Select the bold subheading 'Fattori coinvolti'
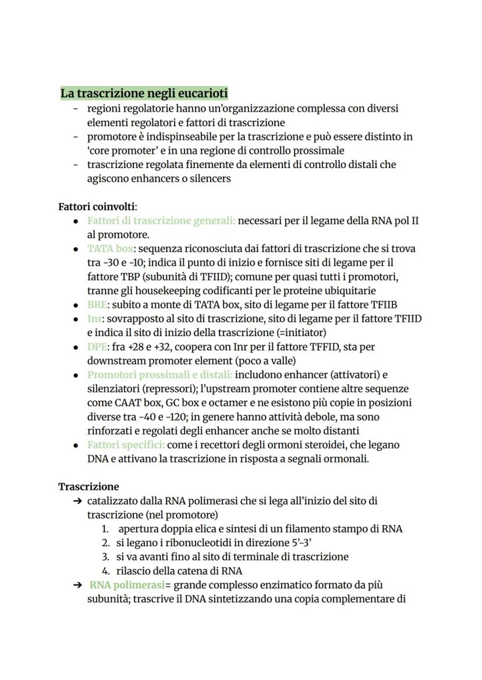click(x=97, y=207)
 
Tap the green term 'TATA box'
click(x=110, y=248)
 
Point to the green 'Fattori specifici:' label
click(x=126, y=445)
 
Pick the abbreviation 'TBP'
click(x=131, y=276)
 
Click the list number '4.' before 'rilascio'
click(x=106, y=571)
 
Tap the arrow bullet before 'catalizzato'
click(x=77, y=501)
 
